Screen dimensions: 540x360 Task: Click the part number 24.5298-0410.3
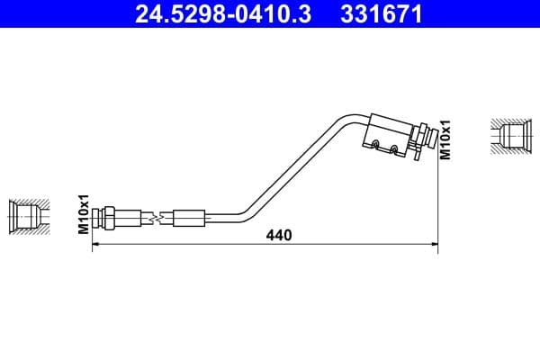(x=223, y=13)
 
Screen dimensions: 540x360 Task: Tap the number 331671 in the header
(x=382, y=13)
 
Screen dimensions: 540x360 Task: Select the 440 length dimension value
(x=279, y=235)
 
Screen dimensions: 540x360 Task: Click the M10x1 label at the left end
(x=84, y=214)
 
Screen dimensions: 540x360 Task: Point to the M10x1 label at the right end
(x=445, y=139)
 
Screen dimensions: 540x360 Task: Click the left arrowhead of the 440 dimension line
(x=95, y=244)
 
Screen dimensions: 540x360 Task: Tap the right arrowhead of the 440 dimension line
(x=435, y=244)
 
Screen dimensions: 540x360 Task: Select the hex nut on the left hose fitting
(x=109, y=218)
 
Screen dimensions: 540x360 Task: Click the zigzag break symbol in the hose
(x=158, y=218)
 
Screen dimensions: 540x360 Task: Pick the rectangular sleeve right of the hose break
(x=189, y=218)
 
